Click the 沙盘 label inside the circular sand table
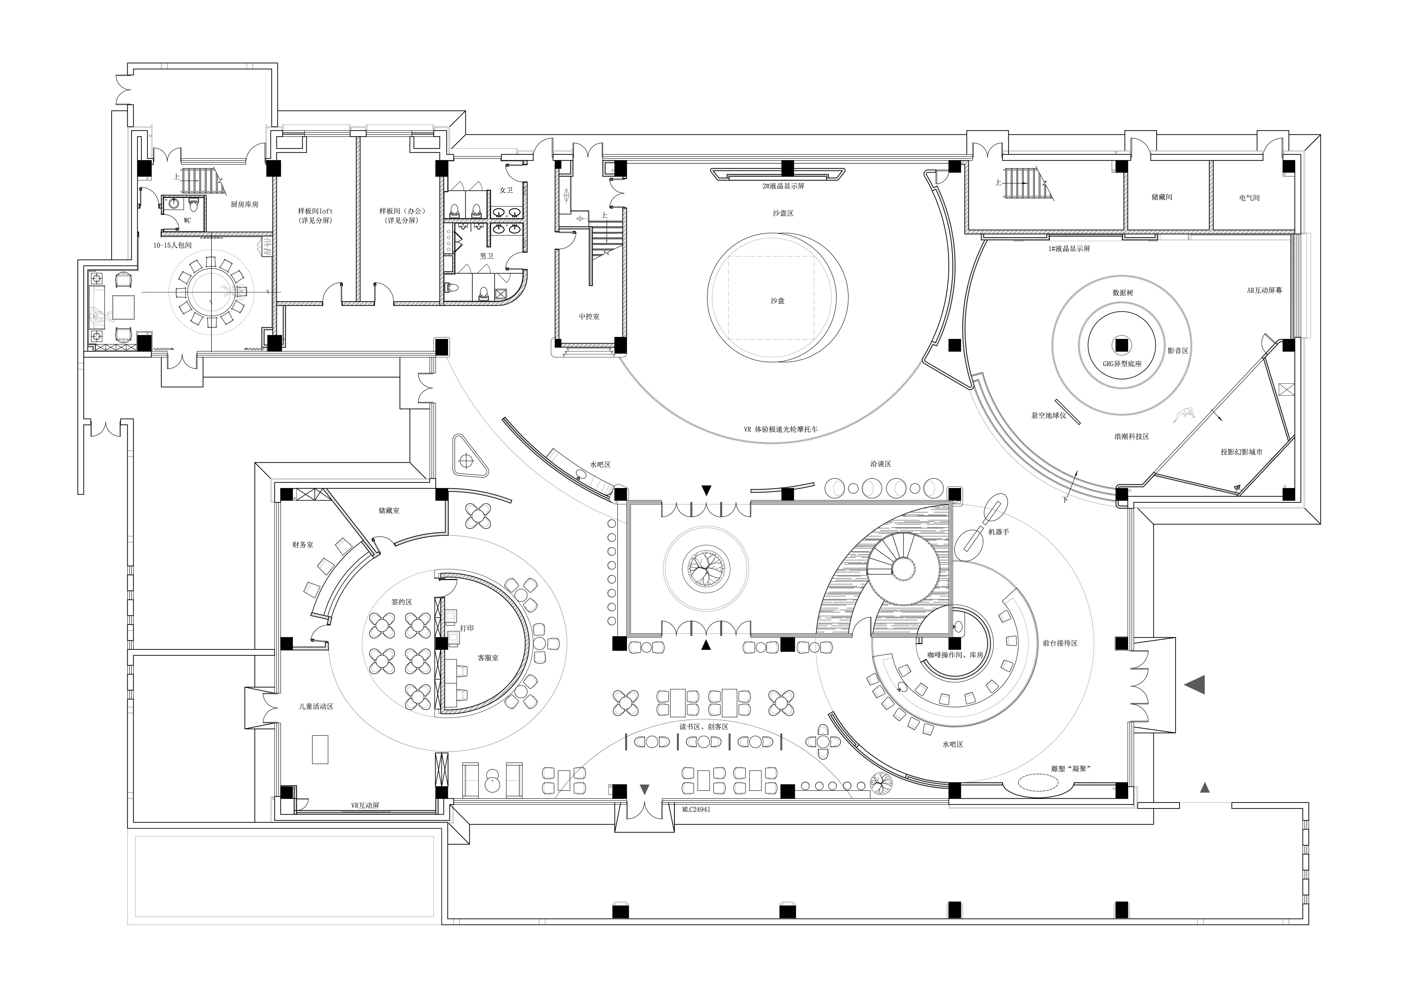click(x=777, y=301)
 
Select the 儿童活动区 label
click(x=316, y=707)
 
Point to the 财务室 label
click(x=302, y=545)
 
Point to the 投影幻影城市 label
click(x=1242, y=451)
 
